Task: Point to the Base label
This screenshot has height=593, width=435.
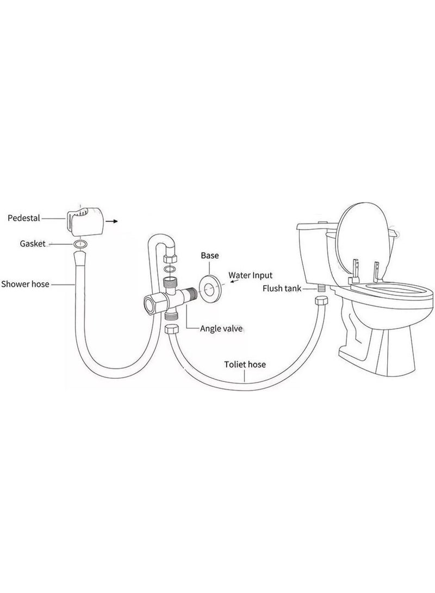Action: click(x=210, y=255)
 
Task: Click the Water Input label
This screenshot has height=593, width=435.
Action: click(x=250, y=275)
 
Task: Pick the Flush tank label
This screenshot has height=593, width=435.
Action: click(x=282, y=288)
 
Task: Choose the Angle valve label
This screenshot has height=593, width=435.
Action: click(x=221, y=328)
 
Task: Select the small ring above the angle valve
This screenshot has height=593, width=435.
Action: click(x=169, y=269)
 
